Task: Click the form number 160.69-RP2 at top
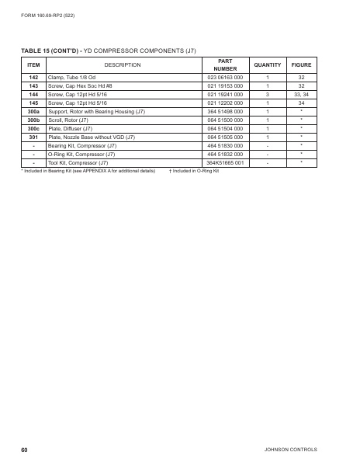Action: point(48,16)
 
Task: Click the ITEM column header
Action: point(33,64)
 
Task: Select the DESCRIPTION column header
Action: point(122,64)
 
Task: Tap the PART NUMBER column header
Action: point(225,64)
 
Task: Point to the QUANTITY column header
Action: point(267,64)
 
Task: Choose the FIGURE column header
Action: point(301,64)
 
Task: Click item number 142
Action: point(33,78)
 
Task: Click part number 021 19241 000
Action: point(225,94)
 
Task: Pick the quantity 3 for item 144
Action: point(267,94)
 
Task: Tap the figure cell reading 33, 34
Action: point(301,94)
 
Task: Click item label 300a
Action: point(33,111)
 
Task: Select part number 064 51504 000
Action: point(225,128)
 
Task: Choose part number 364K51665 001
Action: point(225,162)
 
